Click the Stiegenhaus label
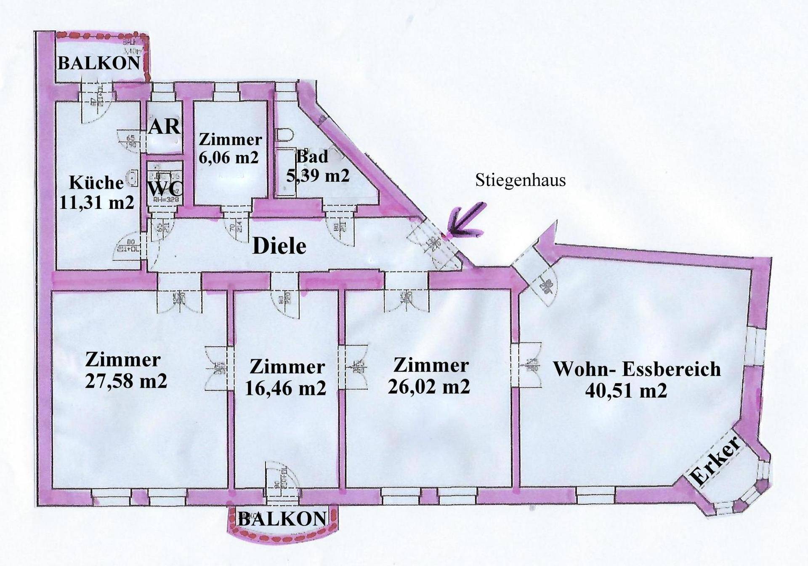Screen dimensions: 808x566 click(x=520, y=180)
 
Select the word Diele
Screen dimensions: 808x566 click(x=279, y=246)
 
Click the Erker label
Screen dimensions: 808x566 click(x=715, y=466)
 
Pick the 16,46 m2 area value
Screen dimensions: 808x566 click(x=285, y=387)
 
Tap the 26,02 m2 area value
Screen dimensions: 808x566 click(x=429, y=386)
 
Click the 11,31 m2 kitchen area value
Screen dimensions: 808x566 click(x=96, y=203)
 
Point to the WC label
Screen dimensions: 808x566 click(x=165, y=188)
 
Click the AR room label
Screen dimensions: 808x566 click(x=164, y=126)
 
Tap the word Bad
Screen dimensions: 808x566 click(x=312, y=157)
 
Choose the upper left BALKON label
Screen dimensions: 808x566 click(x=98, y=63)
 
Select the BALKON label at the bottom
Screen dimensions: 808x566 click(x=282, y=519)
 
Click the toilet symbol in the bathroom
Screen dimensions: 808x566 click(x=285, y=136)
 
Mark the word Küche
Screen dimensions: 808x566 click(x=96, y=183)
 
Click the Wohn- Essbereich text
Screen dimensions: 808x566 click(x=636, y=369)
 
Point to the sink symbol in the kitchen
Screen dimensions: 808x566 click(x=133, y=179)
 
